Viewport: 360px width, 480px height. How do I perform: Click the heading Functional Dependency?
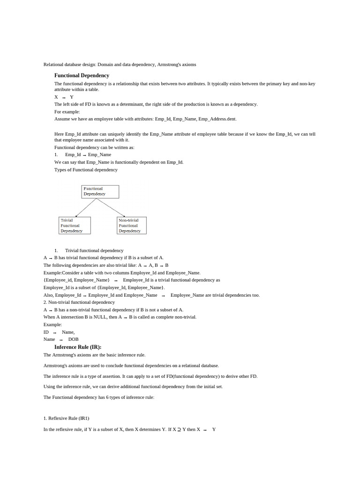pos(82,75)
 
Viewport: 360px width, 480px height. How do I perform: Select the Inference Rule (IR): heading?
pos(78,347)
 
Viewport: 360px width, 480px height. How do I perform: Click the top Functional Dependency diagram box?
pos(100,191)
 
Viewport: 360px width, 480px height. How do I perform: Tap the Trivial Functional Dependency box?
pos(75,225)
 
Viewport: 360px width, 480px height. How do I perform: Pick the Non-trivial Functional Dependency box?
pos(131,225)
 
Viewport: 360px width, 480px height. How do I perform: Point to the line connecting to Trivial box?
pos(86,208)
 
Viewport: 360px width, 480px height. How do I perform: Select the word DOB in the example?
pos(73,339)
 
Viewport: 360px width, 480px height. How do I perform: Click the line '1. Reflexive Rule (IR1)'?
pos(66,418)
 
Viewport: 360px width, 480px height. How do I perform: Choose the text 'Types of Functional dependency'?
pos(86,170)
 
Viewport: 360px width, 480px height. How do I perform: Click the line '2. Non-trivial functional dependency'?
pos(79,302)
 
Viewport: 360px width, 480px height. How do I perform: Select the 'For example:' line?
pos(67,112)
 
